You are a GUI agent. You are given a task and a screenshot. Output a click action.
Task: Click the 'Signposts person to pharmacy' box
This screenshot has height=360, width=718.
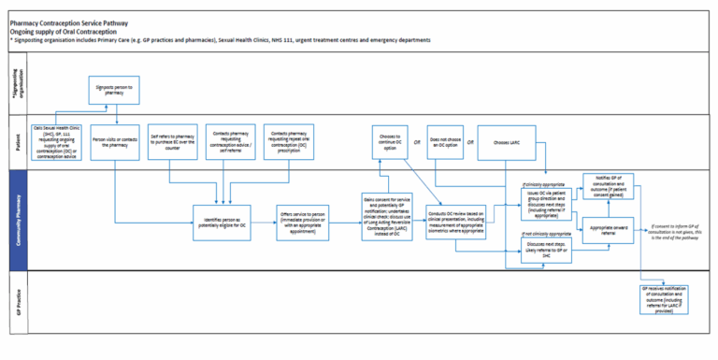(x=115, y=90)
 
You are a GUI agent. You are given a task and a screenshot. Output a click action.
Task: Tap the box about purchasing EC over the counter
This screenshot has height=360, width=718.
(x=172, y=142)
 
